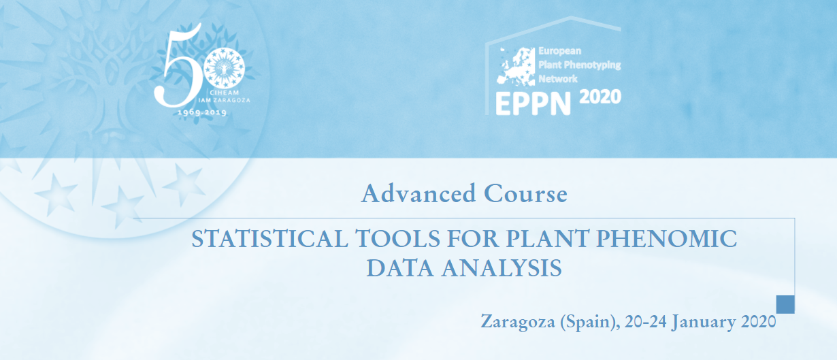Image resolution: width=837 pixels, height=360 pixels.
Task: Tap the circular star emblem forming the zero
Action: [x=224, y=69]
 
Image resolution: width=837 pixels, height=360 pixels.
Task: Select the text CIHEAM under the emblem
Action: [x=224, y=93]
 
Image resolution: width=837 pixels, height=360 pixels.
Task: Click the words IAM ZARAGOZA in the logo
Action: [x=224, y=100]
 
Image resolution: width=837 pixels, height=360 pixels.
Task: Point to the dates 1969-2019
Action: [x=202, y=112]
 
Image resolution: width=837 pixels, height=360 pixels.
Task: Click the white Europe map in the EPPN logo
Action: [x=516, y=67]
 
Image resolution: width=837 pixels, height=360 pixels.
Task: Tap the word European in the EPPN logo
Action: [x=559, y=51]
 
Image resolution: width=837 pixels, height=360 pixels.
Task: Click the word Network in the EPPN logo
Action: [x=557, y=79]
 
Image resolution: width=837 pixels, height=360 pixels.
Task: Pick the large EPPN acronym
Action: [x=534, y=104]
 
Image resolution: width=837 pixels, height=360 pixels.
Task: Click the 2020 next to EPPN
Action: [x=600, y=97]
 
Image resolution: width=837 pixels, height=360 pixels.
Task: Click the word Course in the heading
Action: [x=526, y=193]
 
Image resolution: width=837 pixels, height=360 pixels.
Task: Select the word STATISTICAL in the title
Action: [x=269, y=238]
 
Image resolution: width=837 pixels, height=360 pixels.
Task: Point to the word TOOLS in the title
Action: [x=397, y=238]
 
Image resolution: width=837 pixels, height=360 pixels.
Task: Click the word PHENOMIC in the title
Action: [x=667, y=238]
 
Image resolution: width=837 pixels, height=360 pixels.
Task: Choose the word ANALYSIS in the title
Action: [x=502, y=268]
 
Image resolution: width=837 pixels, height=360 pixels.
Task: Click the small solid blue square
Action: [x=785, y=304]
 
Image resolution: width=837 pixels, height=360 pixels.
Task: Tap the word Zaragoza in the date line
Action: [x=518, y=322]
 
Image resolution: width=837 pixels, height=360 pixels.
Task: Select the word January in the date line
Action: [x=704, y=322]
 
